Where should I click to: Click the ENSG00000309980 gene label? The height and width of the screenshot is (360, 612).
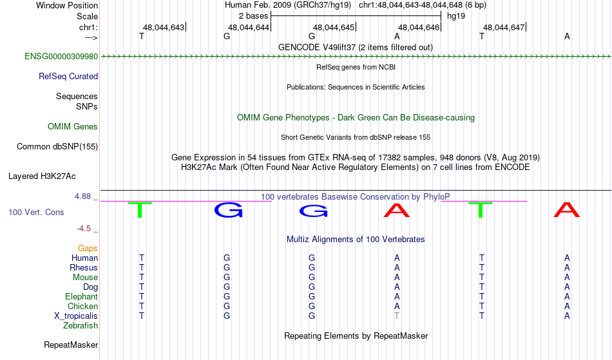click(61, 57)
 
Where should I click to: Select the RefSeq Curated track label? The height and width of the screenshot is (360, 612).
click(68, 77)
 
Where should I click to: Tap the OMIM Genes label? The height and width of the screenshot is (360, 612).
click(73, 127)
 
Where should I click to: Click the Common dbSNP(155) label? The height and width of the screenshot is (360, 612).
click(57, 147)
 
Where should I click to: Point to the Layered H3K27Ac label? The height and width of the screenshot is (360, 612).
click(42, 176)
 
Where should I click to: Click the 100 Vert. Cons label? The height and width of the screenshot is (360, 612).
click(36, 212)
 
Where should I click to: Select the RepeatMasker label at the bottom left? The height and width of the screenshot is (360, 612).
click(71, 345)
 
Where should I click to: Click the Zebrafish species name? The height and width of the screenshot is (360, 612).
click(81, 326)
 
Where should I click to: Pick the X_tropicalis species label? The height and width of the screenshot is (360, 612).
click(76, 316)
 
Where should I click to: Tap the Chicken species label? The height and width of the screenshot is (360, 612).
click(82, 306)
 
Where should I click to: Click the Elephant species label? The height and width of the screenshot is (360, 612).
click(82, 297)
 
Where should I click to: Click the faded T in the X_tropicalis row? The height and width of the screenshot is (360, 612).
click(397, 316)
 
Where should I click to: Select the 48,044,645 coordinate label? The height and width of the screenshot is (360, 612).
click(334, 27)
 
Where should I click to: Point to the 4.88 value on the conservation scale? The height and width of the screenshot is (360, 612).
click(82, 196)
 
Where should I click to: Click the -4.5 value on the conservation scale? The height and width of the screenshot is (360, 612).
click(84, 229)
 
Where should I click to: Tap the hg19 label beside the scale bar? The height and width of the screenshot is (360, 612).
click(456, 16)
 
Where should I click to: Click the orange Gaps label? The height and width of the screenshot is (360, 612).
click(88, 249)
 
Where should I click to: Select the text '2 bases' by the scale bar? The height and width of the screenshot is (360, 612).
click(254, 16)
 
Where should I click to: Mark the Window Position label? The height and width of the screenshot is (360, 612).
click(67, 5)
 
